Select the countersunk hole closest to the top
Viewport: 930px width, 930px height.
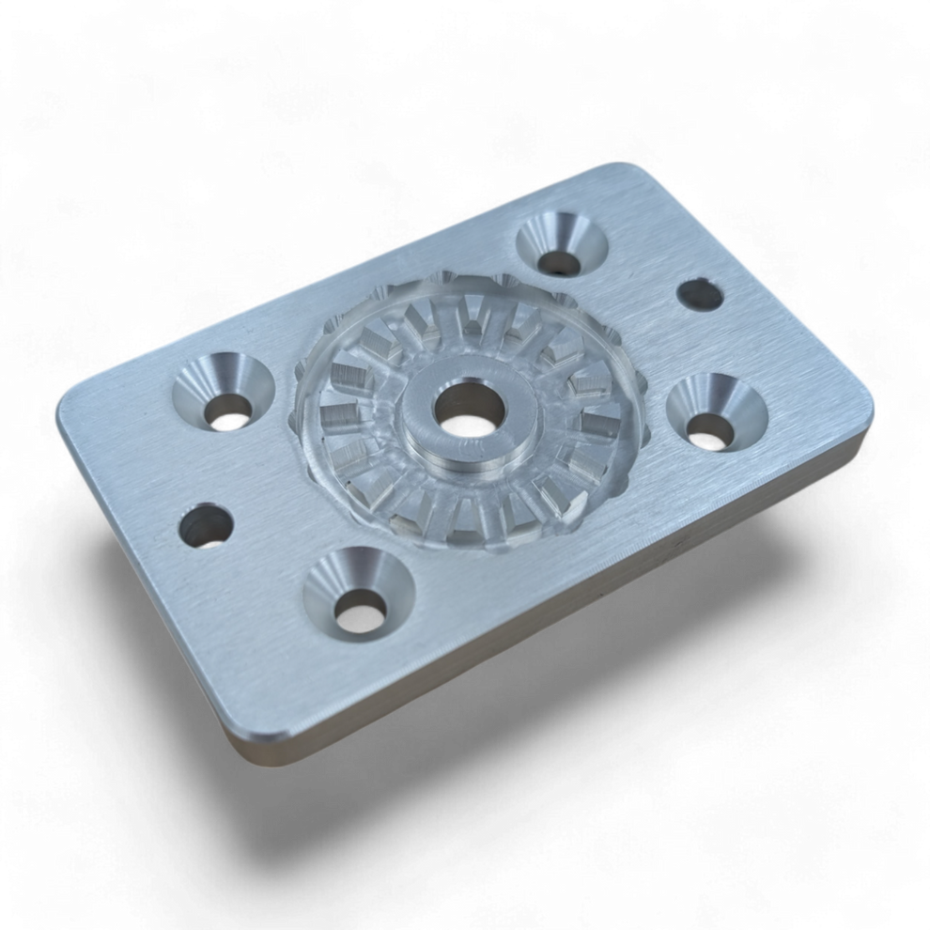pyautogui.click(x=562, y=245)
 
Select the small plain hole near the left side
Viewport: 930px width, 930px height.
pyautogui.click(x=206, y=525)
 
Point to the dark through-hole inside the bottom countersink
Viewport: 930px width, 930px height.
pyautogui.click(x=359, y=615)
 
